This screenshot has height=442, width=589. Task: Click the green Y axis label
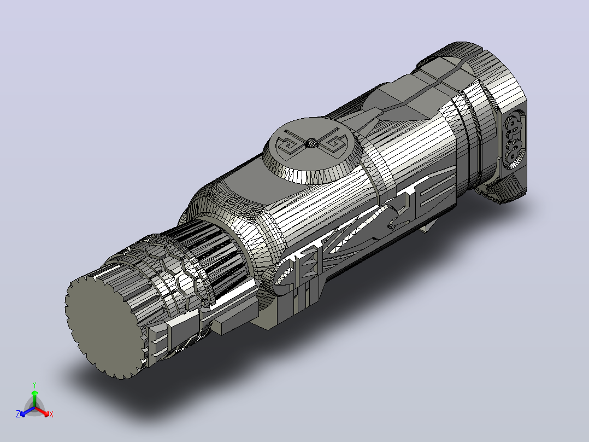coord(34,385)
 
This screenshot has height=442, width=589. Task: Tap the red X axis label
coord(51,414)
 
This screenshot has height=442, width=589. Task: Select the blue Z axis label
coord(18,414)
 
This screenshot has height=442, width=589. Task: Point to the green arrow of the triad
coord(34,398)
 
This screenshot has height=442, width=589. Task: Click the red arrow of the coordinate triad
coord(42,411)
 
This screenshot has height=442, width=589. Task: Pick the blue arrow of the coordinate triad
coord(27,411)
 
